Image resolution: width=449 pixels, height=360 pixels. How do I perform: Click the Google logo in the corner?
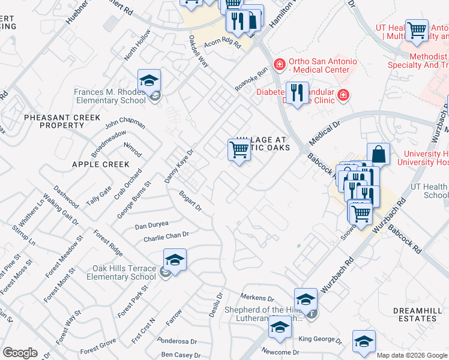(x=20, y=353)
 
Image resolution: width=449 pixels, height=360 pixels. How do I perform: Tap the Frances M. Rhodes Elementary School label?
(x=110, y=97)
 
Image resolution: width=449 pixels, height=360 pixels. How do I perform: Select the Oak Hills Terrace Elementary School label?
(x=121, y=272)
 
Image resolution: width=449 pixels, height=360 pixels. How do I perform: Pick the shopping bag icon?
(x=379, y=154)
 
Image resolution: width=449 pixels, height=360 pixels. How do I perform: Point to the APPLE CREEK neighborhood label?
(x=100, y=164)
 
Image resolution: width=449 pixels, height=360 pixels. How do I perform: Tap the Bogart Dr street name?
(x=190, y=200)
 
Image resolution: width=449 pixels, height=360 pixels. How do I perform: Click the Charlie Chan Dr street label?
(x=166, y=237)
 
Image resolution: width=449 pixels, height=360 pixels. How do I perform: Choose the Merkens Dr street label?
(x=257, y=297)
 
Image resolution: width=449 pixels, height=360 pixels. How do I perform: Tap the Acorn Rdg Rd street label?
(x=221, y=45)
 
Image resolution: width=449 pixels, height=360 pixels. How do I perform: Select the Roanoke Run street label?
(x=251, y=79)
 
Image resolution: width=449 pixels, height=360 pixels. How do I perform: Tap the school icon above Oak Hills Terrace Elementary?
(x=174, y=260)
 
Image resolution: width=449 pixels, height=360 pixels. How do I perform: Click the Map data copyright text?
(x=412, y=355)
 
